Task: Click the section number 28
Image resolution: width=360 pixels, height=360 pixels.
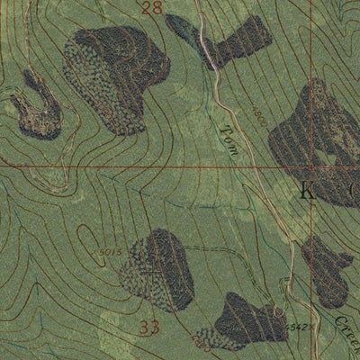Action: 152,9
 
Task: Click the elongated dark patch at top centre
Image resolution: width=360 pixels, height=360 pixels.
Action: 232,42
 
